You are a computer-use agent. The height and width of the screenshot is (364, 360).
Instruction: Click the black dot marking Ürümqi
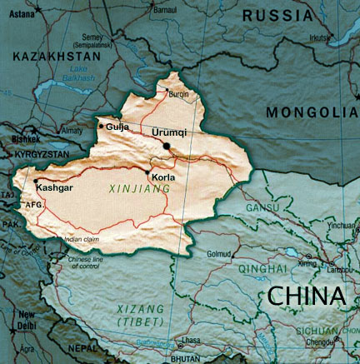click(167, 146)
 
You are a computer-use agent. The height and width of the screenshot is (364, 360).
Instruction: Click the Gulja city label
click(116, 127)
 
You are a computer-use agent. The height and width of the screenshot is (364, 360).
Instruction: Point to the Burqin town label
click(181, 95)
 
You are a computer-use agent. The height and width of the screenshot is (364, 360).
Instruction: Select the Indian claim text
click(82, 239)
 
